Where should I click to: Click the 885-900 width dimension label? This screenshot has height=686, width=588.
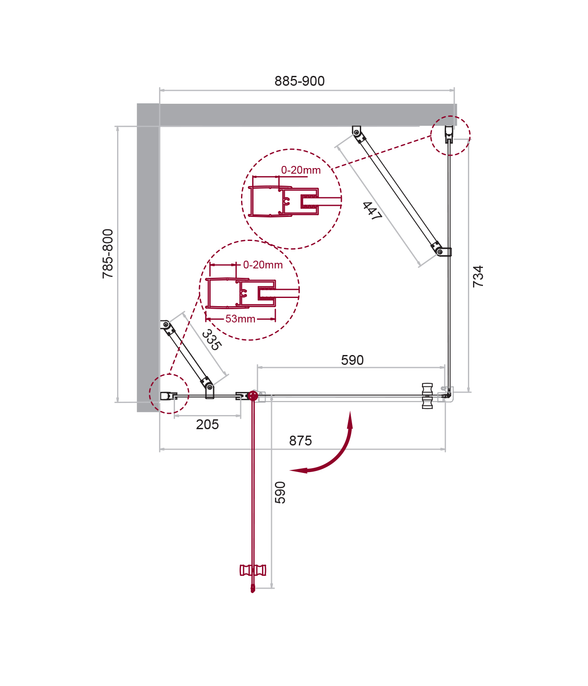click(x=299, y=81)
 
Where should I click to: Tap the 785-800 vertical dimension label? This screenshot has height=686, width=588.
click(x=108, y=254)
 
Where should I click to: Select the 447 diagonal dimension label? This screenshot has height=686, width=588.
click(x=372, y=211)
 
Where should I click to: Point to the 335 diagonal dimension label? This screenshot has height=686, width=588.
click(x=211, y=340)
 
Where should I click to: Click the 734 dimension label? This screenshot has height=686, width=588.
click(x=478, y=276)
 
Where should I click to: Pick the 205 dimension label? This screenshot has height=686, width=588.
click(x=207, y=424)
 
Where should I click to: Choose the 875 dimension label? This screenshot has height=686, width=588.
click(x=300, y=441)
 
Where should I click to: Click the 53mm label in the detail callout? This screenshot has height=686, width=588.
click(x=240, y=319)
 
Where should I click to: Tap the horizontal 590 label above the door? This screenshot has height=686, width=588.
click(x=352, y=360)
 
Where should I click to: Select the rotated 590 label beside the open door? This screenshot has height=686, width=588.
click(x=280, y=492)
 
